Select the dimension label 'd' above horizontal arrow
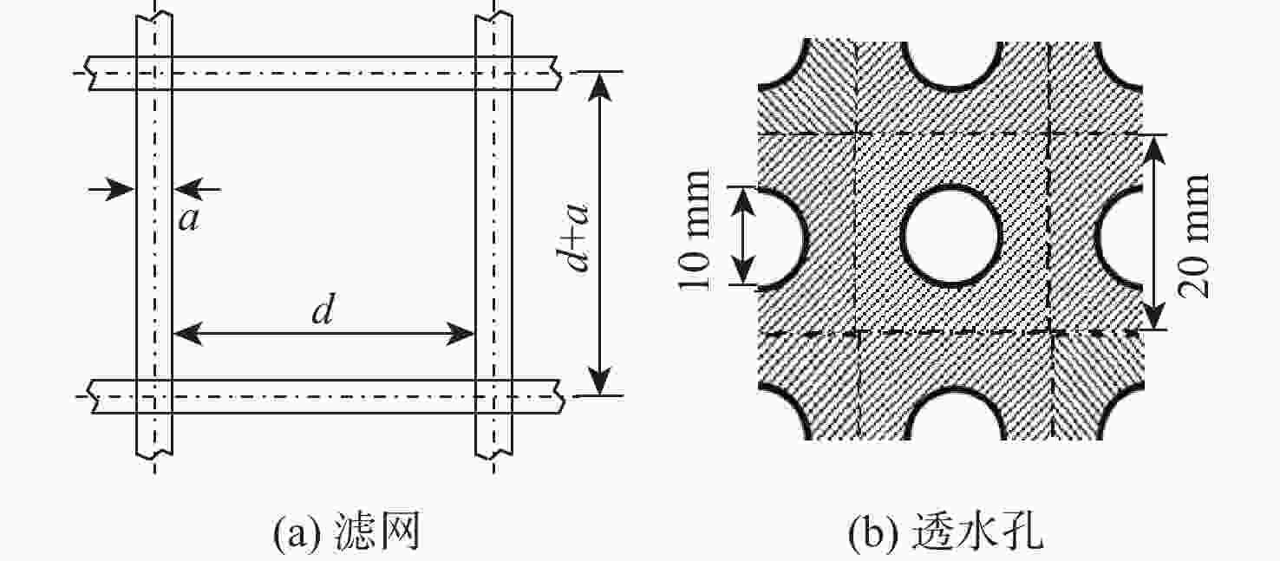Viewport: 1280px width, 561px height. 323,310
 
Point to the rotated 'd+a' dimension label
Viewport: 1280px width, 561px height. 573,236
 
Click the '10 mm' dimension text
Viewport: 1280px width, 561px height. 695,230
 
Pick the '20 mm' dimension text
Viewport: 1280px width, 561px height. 1193,235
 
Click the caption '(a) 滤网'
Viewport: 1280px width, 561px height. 348,532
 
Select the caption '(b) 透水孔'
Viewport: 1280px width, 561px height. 946,532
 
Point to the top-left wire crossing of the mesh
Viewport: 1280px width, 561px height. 154,73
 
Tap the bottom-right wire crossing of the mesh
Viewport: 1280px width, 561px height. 493,396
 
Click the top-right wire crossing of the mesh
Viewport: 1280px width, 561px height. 493,73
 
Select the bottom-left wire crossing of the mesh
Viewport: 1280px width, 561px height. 154,396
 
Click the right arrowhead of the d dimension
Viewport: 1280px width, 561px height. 460,334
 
